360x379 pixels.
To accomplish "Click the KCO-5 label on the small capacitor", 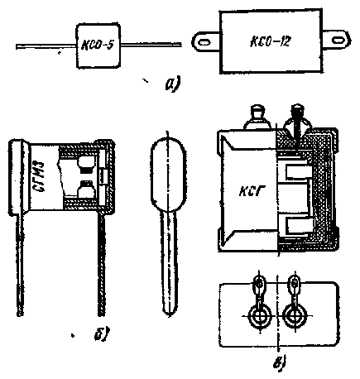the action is point(98,45).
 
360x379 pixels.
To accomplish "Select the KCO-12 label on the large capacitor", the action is point(270,41).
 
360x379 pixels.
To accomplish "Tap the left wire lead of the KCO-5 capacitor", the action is point(46,46).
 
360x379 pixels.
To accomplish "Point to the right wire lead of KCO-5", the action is point(151,44).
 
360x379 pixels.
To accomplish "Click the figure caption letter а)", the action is point(172,84).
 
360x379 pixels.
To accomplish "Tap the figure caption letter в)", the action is point(280,362).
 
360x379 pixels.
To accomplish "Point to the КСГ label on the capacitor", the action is point(250,190).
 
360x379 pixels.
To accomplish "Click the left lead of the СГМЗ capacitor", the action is point(19,264).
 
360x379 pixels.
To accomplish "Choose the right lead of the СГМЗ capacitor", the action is point(102,266).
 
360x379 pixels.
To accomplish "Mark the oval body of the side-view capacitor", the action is point(169,172).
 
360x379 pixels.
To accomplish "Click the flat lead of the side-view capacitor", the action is point(169,263).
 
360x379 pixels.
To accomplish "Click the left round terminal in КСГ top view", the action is point(259,316).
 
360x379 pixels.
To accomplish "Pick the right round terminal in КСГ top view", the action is point(295,316).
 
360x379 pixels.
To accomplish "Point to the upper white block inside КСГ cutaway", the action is point(299,171).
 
